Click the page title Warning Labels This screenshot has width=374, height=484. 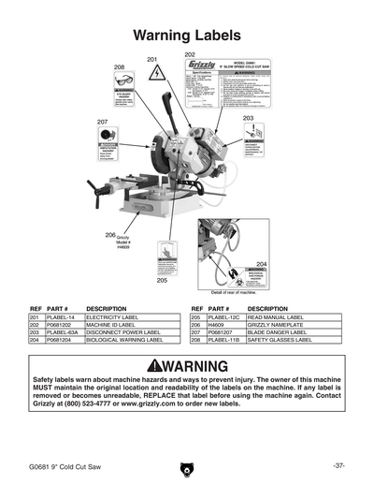pos(187,37)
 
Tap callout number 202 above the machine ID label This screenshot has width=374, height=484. pos(190,55)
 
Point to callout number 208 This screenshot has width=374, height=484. pos(120,67)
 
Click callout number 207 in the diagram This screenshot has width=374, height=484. pos(102,123)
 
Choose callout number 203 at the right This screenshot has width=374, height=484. pos(248,119)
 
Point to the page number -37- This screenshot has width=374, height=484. pos(339,465)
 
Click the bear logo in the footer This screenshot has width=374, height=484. pos(187,466)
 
